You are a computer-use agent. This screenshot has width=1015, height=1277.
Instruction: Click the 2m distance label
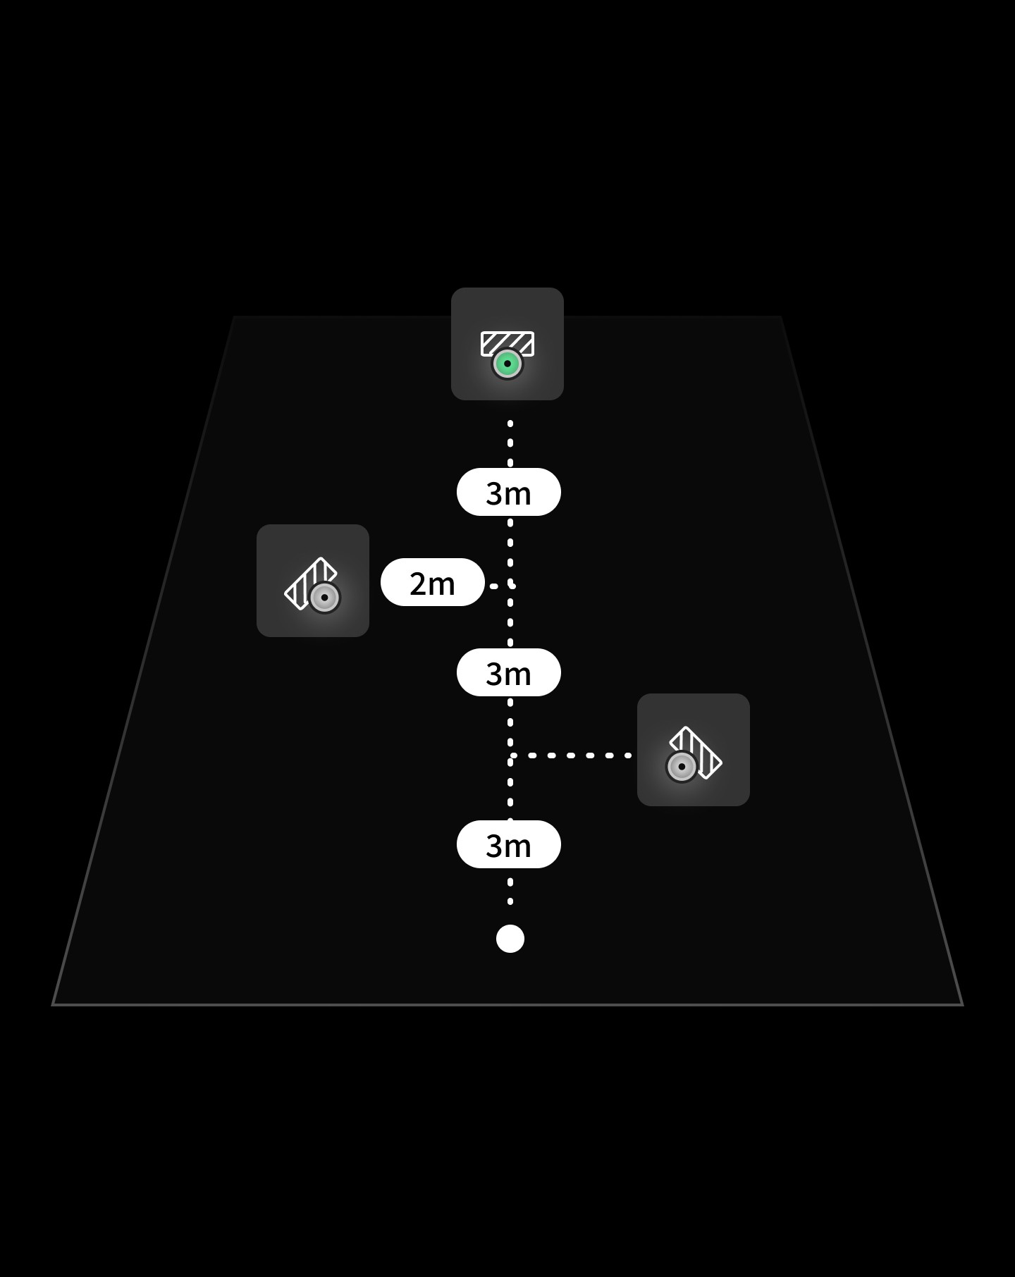pyautogui.click(x=432, y=582)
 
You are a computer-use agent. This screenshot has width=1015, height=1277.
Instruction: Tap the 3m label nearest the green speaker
pyautogui.click(x=508, y=492)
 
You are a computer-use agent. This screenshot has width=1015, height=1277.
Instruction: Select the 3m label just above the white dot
pyautogui.click(x=508, y=844)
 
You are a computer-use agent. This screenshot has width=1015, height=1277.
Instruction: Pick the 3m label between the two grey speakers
pyautogui.click(x=508, y=672)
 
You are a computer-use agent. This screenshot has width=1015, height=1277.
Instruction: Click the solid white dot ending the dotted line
pyautogui.click(x=510, y=939)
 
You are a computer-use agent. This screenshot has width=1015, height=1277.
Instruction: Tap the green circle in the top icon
pyautogui.click(x=508, y=364)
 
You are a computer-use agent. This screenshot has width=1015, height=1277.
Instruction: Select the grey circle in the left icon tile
pyautogui.click(x=325, y=598)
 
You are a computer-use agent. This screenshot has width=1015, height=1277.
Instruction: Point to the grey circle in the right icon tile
pyautogui.click(x=682, y=767)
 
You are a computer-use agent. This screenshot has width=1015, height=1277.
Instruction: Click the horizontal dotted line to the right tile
pyautogui.click(x=571, y=755)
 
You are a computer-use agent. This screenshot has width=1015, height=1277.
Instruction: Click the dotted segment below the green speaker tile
pyautogui.click(x=510, y=443)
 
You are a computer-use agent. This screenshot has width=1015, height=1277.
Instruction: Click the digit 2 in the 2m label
pyautogui.click(x=419, y=584)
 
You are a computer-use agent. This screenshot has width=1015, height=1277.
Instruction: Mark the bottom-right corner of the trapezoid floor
pyautogui.click(x=961, y=1004)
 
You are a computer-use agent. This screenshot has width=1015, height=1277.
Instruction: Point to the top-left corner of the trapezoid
pyautogui.click(x=234, y=317)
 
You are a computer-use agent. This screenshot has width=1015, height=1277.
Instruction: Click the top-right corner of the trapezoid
pyautogui.click(x=780, y=317)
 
